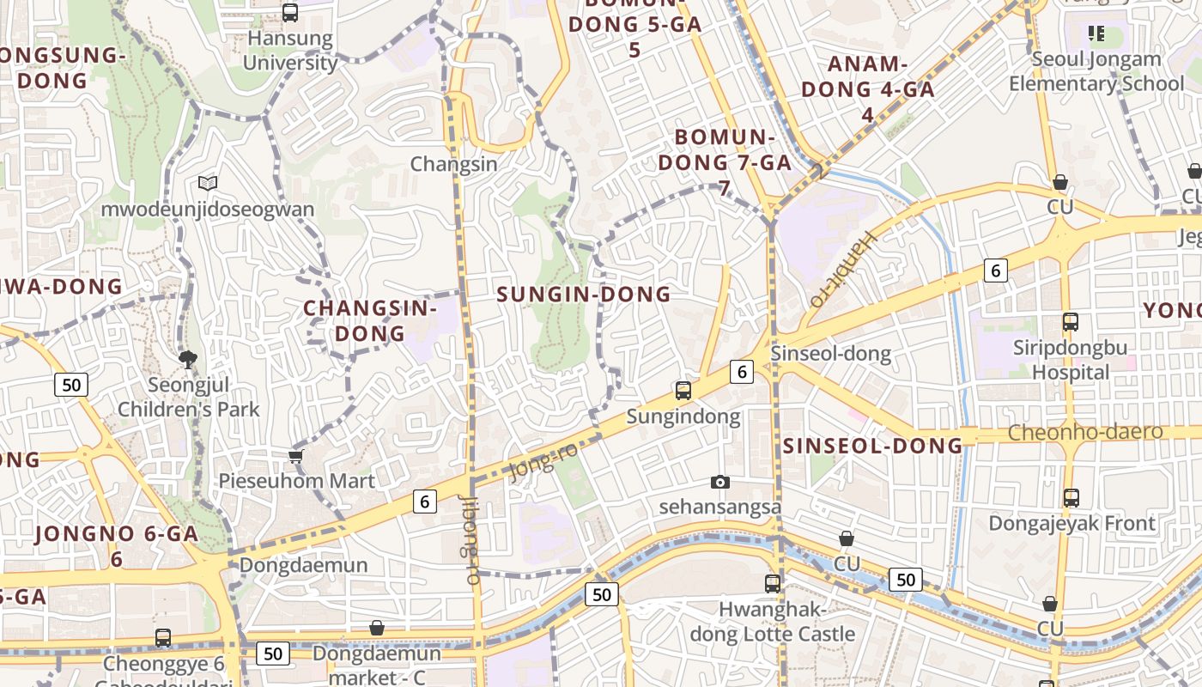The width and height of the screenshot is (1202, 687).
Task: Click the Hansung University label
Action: (x=290, y=51)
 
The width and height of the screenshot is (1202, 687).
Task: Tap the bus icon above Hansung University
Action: (x=290, y=13)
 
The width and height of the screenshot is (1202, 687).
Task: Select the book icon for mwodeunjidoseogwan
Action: (x=207, y=183)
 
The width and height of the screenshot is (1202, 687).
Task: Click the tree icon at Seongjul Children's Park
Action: (x=188, y=359)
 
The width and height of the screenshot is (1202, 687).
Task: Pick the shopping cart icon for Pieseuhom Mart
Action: (x=296, y=456)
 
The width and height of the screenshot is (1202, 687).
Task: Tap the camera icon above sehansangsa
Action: (x=720, y=482)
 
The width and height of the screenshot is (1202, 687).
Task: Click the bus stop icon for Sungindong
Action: (x=683, y=391)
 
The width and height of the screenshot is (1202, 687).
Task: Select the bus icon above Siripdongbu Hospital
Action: (x=1071, y=322)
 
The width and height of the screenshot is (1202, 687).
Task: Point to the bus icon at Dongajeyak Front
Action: (x=1071, y=497)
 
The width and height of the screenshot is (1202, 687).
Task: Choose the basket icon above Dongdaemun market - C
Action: (x=376, y=629)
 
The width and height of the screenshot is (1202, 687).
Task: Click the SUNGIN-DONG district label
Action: (x=584, y=295)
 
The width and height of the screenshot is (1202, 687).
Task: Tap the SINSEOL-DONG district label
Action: (x=872, y=446)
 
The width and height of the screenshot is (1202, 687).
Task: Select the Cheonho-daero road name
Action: (x=1085, y=432)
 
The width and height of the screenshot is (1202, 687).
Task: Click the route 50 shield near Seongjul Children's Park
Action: (x=71, y=385)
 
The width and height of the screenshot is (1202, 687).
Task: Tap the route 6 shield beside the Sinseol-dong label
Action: (x=742, y=371)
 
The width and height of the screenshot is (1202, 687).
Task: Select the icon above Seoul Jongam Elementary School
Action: (x=1096, y=33)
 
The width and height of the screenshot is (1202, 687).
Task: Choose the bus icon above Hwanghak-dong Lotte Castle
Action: (x=773, y=584)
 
